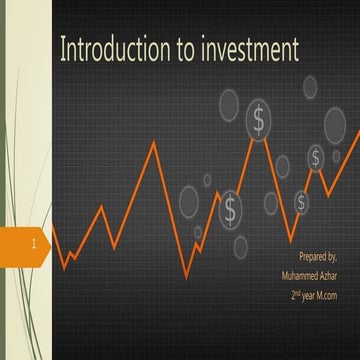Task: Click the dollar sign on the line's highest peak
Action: [259, 121]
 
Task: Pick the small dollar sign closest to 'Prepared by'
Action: [301, 203]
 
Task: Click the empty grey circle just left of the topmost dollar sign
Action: [230, 103]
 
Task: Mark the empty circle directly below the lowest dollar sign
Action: [240, 247]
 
